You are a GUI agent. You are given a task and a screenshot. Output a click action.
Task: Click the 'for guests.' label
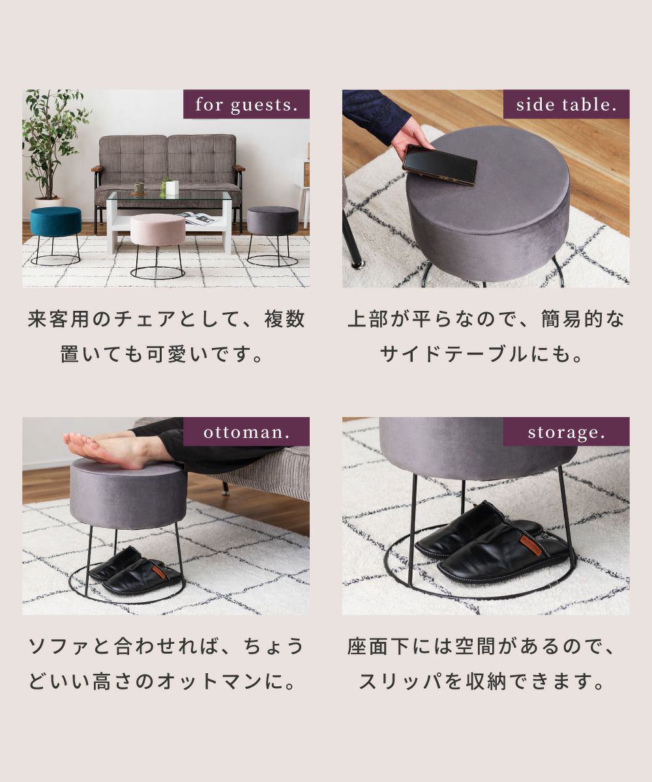pos(246,104)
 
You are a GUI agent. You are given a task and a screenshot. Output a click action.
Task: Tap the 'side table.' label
pos(566,104)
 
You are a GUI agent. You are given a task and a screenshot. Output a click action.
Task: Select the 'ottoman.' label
pos(246,432)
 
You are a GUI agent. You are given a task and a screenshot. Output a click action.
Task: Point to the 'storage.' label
pos(566,432)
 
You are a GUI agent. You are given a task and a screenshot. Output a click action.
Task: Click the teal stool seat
pos(55,222)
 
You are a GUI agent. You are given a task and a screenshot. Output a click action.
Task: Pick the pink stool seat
pos(158,229)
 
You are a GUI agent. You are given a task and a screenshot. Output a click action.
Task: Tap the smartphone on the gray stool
pos(439,164)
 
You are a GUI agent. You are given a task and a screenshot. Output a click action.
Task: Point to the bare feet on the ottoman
pos(107,449)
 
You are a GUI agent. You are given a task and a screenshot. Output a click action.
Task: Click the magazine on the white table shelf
pos(198,218)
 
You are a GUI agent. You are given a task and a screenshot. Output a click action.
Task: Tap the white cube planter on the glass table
pos(171,188)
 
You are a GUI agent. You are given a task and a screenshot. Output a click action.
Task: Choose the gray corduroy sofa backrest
pos(168,160)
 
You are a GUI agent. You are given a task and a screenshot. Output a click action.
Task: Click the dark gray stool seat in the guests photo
pos(273,221)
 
